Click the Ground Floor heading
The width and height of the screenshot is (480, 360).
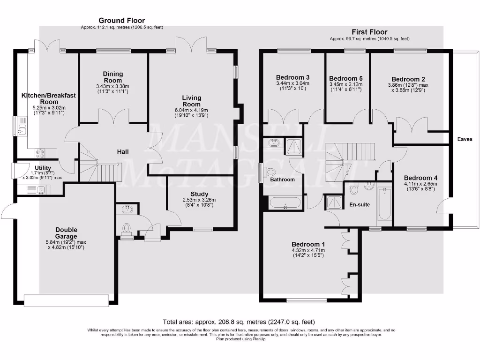click(x=121, y=21)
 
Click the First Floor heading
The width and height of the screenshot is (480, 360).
click(x=369, y=32)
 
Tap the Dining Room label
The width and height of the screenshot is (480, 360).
click(x=112, y=77)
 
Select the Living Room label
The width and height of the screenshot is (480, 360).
click(x=191, y=101)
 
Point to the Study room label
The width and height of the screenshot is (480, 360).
click(x=199, y=194)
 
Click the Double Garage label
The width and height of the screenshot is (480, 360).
click(x=66, y=233)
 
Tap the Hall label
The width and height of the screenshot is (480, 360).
click(x=123, y=152)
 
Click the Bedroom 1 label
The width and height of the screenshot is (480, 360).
click(x=308, y=244)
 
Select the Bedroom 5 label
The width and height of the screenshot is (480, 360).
click(x=345, y=78)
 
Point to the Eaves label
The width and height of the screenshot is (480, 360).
click(x=465, y=139)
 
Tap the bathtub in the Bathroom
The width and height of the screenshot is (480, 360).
click(x=285, y=203)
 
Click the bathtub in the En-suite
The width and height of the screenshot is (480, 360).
click(x=384, y=204)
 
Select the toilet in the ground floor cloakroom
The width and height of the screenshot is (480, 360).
click(x=126, y=228)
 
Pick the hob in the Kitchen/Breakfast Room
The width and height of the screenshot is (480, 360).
click(x=40, y=152)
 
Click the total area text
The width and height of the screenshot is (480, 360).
click(x=239, y=322)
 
